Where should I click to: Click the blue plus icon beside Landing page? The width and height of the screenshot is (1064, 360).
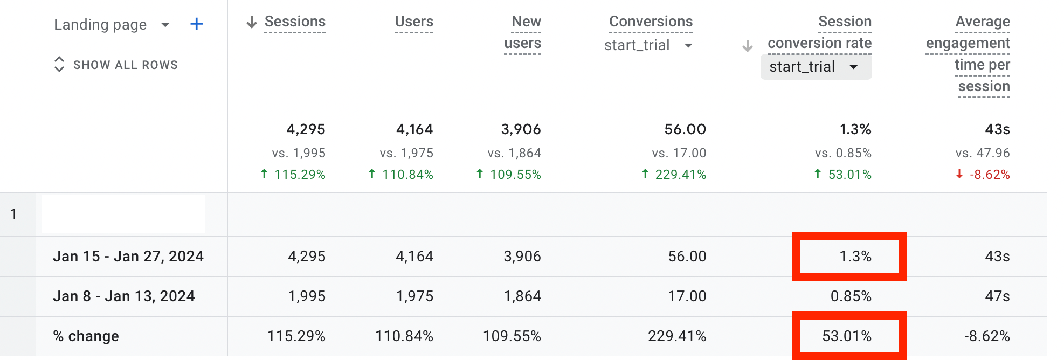coord(197,24)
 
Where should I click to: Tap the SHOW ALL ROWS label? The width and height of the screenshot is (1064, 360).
coord(125,65)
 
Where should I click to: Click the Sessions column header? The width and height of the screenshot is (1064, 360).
coord(295,22)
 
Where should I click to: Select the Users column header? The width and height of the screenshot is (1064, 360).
coord(414,22)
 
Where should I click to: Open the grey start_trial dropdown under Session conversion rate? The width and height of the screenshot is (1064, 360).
coord(816,67)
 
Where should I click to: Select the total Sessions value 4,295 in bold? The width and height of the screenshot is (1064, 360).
coord(306,129)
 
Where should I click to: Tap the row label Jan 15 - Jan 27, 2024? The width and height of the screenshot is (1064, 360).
coord(128,257)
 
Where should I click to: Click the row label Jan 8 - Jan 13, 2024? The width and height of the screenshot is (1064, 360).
coord(124,296)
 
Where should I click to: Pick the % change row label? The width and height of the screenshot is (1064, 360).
coord(86,336)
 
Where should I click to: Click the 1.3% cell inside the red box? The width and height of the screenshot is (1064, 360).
coord(855,257)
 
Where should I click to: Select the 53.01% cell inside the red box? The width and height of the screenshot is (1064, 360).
coord(847,336)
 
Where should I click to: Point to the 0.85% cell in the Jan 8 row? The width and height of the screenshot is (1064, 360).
coord(851,296)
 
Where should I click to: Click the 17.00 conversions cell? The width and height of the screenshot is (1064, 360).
coord(687,296)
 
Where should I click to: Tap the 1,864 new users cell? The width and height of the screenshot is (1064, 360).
coord(522,296)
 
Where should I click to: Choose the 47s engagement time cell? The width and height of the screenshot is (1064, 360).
coord(997,296)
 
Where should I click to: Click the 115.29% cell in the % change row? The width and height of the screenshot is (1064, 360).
coord(296,336)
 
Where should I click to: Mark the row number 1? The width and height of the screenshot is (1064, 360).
coord(13,214)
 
